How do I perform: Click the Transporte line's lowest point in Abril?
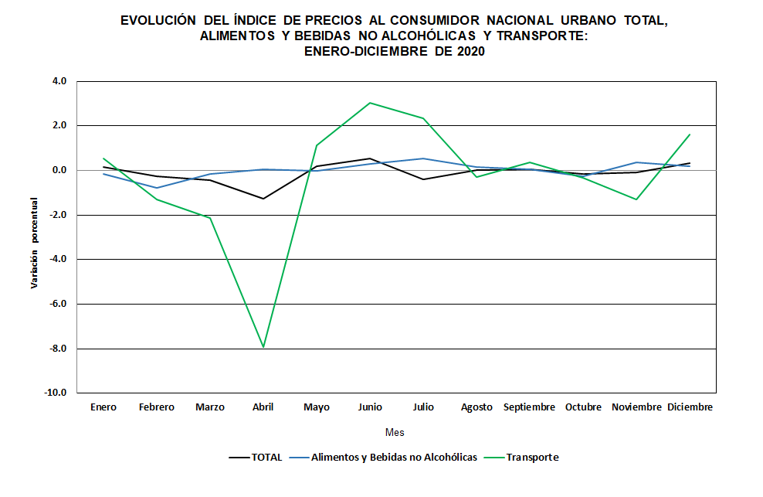coord(263,347)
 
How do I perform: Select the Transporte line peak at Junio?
coord(370,103)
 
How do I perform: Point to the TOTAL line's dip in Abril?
coord(263,199)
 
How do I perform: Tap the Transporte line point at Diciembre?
coord(690,134)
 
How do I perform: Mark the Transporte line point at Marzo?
coord(210,218)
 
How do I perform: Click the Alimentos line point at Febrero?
coord(157,188)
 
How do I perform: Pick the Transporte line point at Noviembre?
coord(636,199)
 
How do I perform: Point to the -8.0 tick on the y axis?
coord(57,349)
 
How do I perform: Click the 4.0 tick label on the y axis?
coord(59,80)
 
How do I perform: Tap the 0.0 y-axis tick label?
coord(59,170)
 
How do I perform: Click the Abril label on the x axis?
coord(263,407)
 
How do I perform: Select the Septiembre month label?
coord(530,407)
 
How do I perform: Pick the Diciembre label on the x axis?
coord(690,407)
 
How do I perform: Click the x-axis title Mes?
coord(395,432)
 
